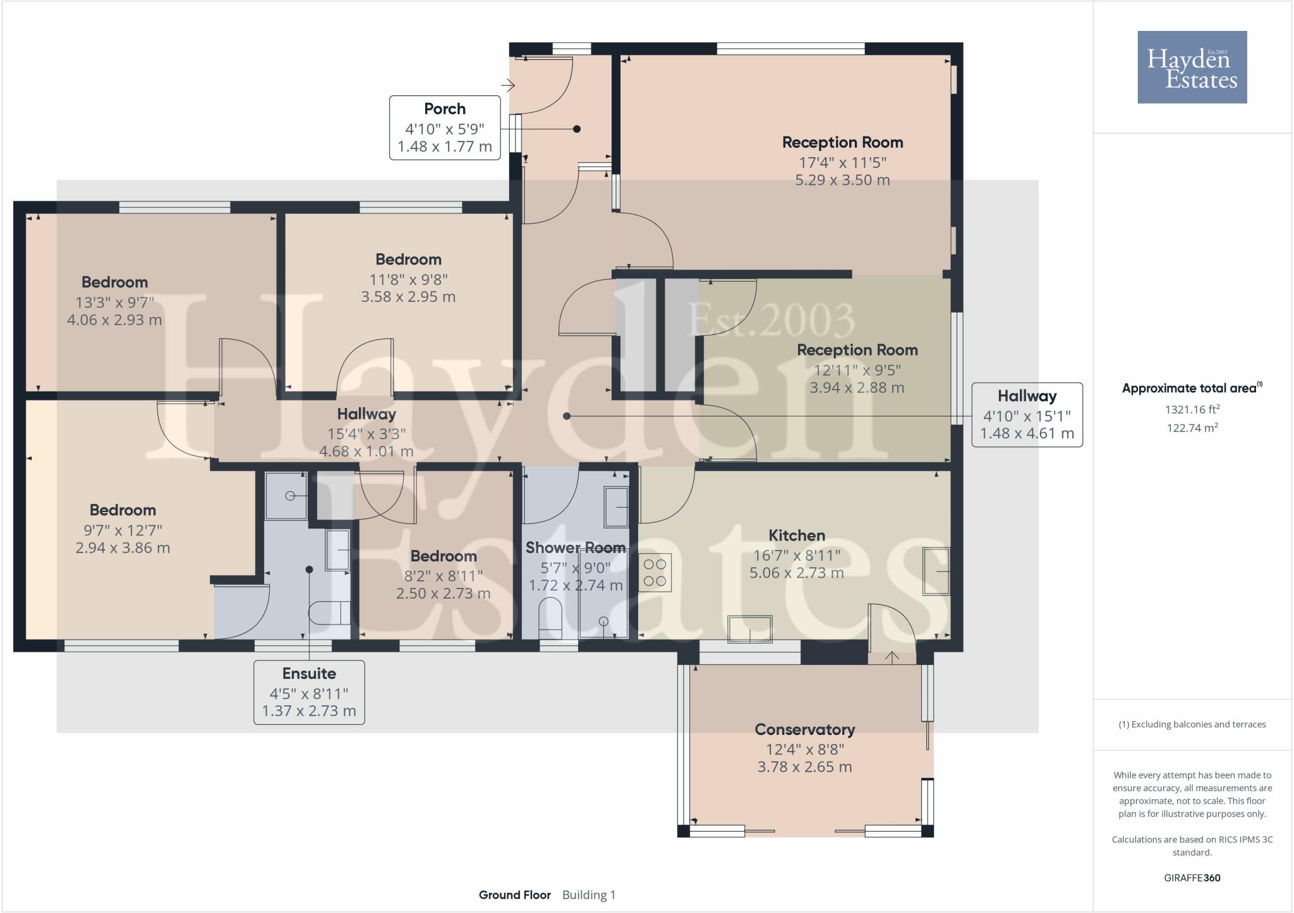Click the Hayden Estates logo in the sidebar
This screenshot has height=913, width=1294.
pos(1192,67)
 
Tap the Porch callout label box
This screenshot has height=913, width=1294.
pos(445,128)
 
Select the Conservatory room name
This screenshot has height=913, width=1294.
pos(805,729)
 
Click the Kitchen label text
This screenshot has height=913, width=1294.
pos(797,535)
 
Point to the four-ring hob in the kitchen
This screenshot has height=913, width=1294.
pos(655,572)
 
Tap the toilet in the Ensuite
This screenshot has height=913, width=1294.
pos(330,612)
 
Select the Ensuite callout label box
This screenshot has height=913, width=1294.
pos(309,692)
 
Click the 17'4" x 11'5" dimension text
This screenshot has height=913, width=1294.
pos(843,162)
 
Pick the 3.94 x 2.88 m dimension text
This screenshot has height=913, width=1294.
pos(857,387)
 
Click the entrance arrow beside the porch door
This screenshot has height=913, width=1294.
pos(509,85)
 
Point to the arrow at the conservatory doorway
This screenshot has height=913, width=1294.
pos(892,658)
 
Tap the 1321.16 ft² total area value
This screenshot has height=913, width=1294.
pos(1192,409)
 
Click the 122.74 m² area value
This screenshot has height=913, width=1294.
pos(1192,427)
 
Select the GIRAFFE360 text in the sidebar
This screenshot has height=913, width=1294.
pos(1192,878)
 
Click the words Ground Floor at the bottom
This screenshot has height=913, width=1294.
pos(515,895)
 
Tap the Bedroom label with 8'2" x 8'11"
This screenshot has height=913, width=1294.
pos(444,556)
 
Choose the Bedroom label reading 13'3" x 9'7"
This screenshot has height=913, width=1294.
pos(114,282)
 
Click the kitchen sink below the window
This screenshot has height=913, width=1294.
pos(750,629)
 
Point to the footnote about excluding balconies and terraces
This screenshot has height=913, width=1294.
pos(1192,724)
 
